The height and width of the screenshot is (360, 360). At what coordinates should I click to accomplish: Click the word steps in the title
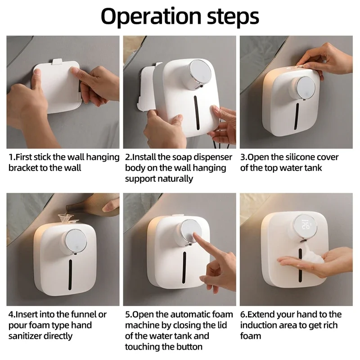(x=231, y=17)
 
